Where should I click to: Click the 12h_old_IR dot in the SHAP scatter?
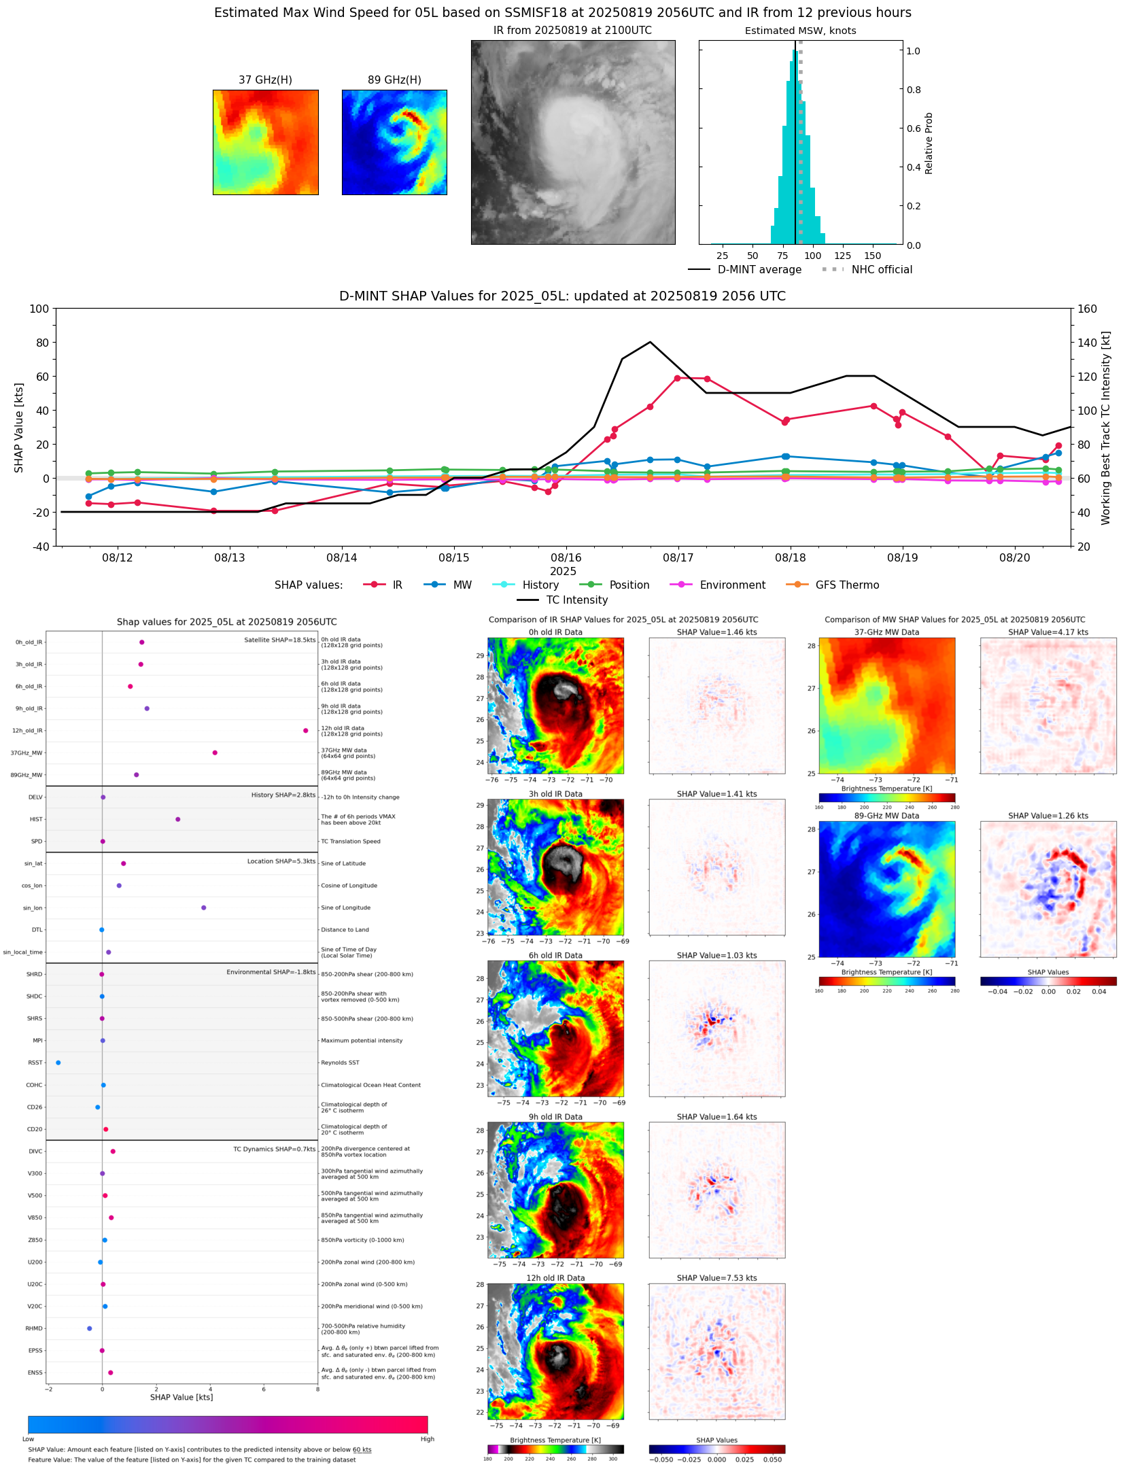(x=305, y=731)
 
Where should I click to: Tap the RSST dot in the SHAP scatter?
(x=58, y=1063)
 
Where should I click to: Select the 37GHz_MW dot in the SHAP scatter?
(x=215, y=753)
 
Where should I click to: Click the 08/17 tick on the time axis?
(x=678, y=557)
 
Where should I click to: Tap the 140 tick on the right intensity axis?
(x=1087, y=343)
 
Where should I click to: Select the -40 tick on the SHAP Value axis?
(x=39, y=547)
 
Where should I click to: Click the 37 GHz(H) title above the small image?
(x=265, y=80)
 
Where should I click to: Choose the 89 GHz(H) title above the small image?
(x=394, y=80)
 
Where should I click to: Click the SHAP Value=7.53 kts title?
(x=716, y=1278)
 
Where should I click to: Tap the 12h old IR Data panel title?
(x=555, y=1278)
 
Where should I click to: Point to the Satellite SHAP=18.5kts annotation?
(x=279, y=640)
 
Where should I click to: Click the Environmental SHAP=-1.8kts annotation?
(x=271, y=972)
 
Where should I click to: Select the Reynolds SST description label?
(x=340, y=1063)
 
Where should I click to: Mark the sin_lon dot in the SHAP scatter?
(x=203, y=908)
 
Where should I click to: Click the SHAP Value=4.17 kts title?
(x=1048, y=632)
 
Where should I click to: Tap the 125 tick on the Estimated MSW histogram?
(x=842, y=256)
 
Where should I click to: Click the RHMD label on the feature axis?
(x=34, y=1328)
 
